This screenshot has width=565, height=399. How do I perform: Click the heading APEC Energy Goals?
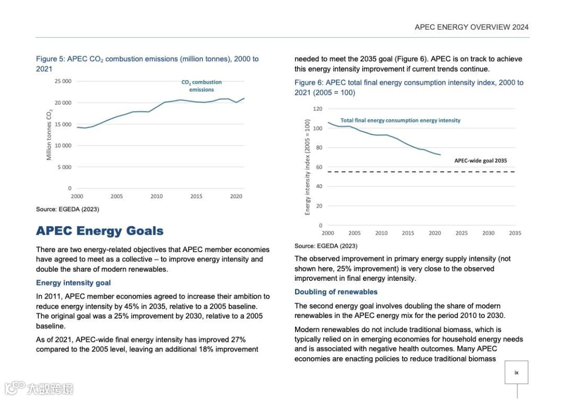(99, 231)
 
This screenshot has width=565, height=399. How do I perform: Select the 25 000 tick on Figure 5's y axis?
(63, 82)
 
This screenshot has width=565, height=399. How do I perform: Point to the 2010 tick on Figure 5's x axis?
(156, 197)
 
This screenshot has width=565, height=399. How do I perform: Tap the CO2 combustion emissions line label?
(201, 86)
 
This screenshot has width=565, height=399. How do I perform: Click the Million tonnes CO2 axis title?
(50, 135)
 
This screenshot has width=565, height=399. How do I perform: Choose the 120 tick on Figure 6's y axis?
(318, 109)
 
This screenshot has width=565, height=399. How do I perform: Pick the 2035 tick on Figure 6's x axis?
(515, 233)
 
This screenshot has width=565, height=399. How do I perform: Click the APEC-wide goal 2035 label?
(480, 161)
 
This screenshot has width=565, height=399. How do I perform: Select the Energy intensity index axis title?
(308, 167)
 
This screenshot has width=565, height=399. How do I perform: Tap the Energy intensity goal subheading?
(73, 283)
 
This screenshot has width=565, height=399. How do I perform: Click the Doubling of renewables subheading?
(336, 292)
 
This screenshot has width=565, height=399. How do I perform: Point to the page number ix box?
(516, 372)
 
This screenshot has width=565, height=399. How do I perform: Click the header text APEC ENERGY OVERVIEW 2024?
(471, 27)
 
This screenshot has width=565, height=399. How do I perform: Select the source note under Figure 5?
(67, 209)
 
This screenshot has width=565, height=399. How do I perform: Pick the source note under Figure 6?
(326, 246)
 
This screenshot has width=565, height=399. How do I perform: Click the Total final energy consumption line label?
(400, 120)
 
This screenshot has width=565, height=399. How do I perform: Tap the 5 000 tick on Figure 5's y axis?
(64, 167)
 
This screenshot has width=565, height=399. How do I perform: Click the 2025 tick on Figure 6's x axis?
(461, 233)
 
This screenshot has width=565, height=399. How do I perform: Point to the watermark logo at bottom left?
(39, 388)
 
